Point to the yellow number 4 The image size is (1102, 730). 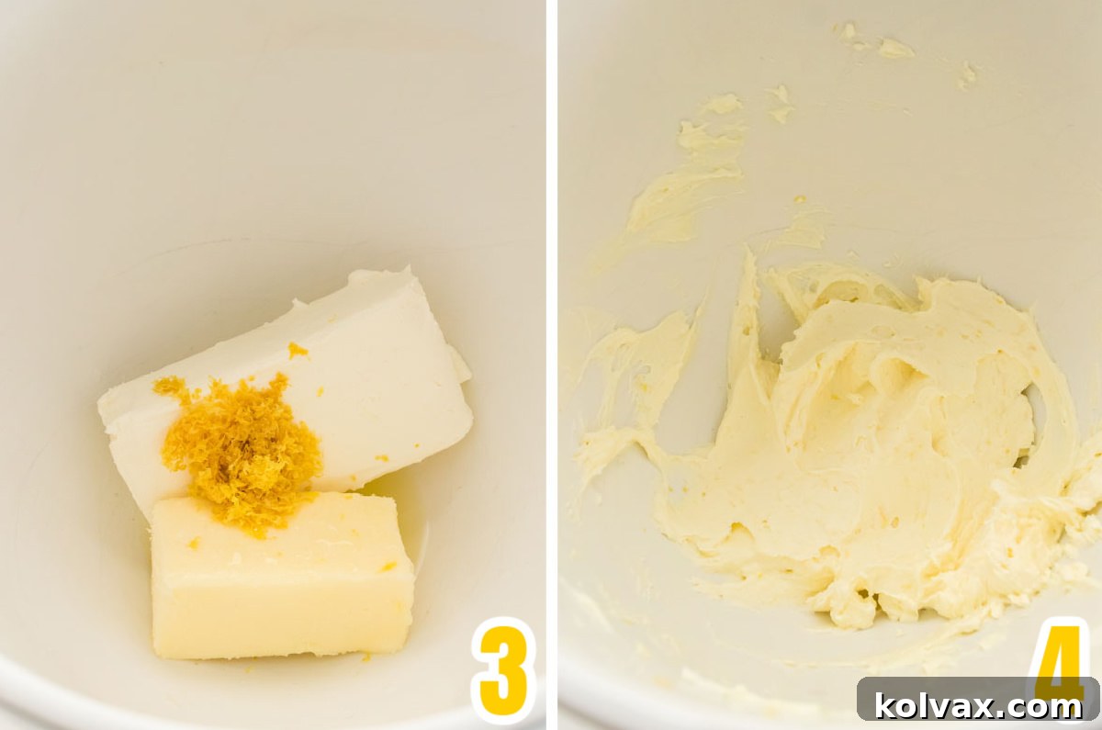click(x=1061, y=657)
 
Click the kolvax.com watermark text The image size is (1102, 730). click(x=978, y=706)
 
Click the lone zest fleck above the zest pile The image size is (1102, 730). click(x=298, y=350)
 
